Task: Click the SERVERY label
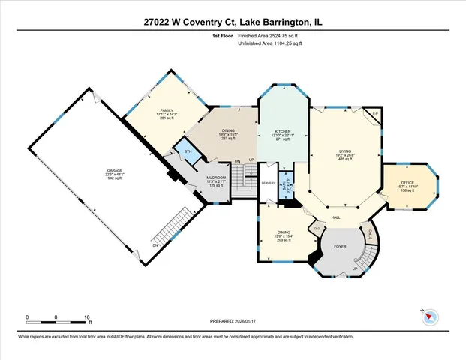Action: coord(269,182)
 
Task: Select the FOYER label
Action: coord(340,244)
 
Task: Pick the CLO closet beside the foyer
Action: coord(317,228)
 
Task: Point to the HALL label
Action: coord(336,217)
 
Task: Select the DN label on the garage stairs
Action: coord(155,244)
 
